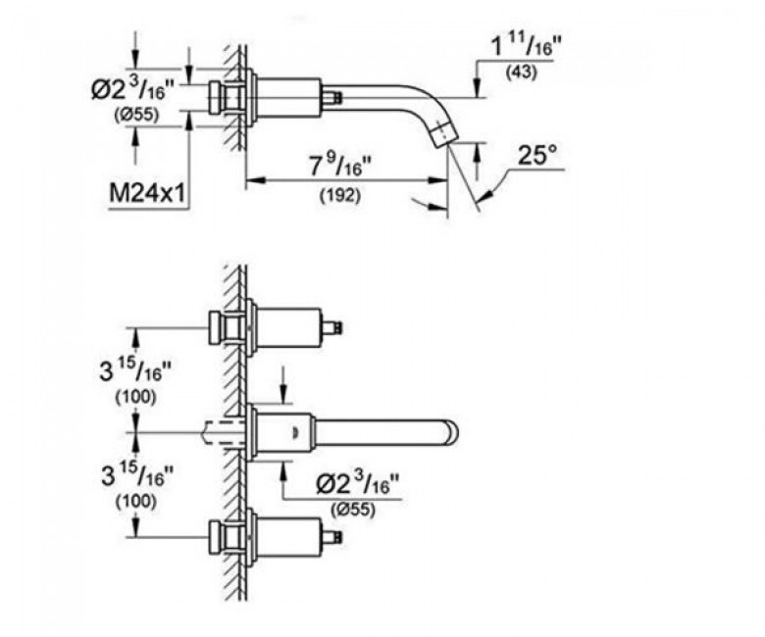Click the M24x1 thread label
[147, 194]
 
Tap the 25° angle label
[536, 155]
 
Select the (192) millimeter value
[340, 195]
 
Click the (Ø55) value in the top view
[136, 115]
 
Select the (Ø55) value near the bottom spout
[353, 510]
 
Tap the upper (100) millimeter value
[135, 397]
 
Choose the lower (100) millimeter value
[136, 502]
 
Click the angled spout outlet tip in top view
[444, 132]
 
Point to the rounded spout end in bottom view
[452, 432]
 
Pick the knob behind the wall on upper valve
[216, 327]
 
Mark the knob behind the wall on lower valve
[216, 538]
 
